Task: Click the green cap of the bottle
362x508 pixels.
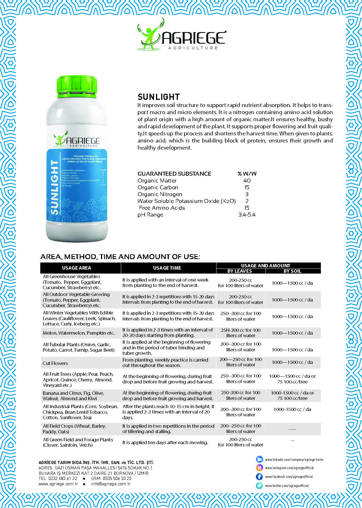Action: pos(77,86)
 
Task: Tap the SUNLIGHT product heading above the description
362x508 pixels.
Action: pos(159,97)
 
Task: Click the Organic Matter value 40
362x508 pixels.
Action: pos(247,180)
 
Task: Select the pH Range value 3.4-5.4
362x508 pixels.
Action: pos(247,215)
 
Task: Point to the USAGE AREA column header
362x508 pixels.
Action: pos(77,268)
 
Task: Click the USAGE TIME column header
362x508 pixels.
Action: pos(167,268)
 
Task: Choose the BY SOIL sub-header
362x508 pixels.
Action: pos(292,271)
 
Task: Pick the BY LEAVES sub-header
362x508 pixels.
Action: pos(240,271)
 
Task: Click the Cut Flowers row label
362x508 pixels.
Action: pos(55,363)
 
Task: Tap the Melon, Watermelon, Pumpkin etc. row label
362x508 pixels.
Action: pos(79,333)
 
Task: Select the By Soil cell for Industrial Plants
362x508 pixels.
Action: pos(292,409)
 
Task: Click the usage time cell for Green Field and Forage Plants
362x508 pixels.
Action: pos(165,442)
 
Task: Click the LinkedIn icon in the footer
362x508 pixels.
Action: pos(259,459)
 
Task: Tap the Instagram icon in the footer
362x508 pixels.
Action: pos(259,468)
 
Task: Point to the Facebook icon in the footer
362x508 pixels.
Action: pos(259,476)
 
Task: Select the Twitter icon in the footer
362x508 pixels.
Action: pos(259,486)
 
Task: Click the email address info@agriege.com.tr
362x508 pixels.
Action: pos(111,484)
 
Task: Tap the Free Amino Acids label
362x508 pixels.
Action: pos(162,208)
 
